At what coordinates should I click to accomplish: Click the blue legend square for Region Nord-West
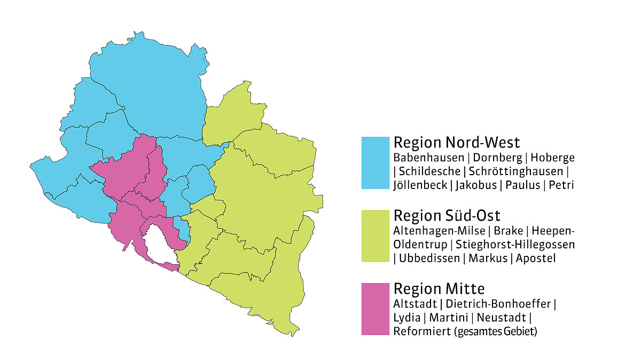pyautogui.click(x=376, y=163)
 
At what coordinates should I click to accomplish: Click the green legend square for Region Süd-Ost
pyautogui.click(x=376, y=236)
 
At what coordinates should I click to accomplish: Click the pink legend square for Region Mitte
pyautogui.click(x=376, y=309)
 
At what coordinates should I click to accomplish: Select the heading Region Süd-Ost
pyautogui.click(x=447, y=216)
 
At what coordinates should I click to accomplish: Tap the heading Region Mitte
pyautogui.click(x=439, y=289)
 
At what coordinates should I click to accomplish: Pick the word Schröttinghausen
pyautogui.click(x=515, y=171)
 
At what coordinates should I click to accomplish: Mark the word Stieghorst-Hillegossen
pyautogui.click(x=515, y=245)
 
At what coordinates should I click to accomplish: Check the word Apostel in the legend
pyautogui.click(x=536, y=259)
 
